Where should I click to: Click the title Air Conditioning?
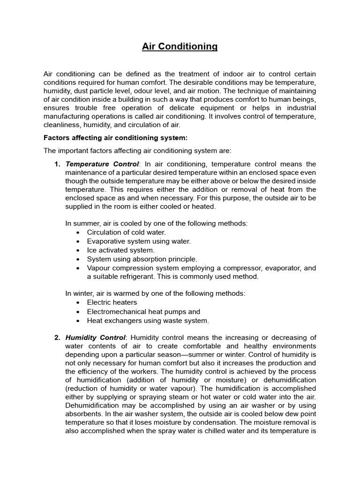[x=180, y=46]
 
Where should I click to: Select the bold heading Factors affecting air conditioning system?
[x=115, y=138]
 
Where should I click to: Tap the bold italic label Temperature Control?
[x=102, y=164]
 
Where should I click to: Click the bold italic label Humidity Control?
[x=96, y=337]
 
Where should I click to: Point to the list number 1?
[x=57, y=164]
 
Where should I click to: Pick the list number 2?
[x=57, y=337]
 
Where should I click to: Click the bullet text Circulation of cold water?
[x=127, y=232]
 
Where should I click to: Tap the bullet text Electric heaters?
[x=112, y=302]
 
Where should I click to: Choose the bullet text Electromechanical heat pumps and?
[x=143, y=312]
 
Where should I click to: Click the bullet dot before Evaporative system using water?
[x=77, y=241]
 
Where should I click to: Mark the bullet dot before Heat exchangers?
[x=77, y=321]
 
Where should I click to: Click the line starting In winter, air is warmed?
[x=155, y=293]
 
